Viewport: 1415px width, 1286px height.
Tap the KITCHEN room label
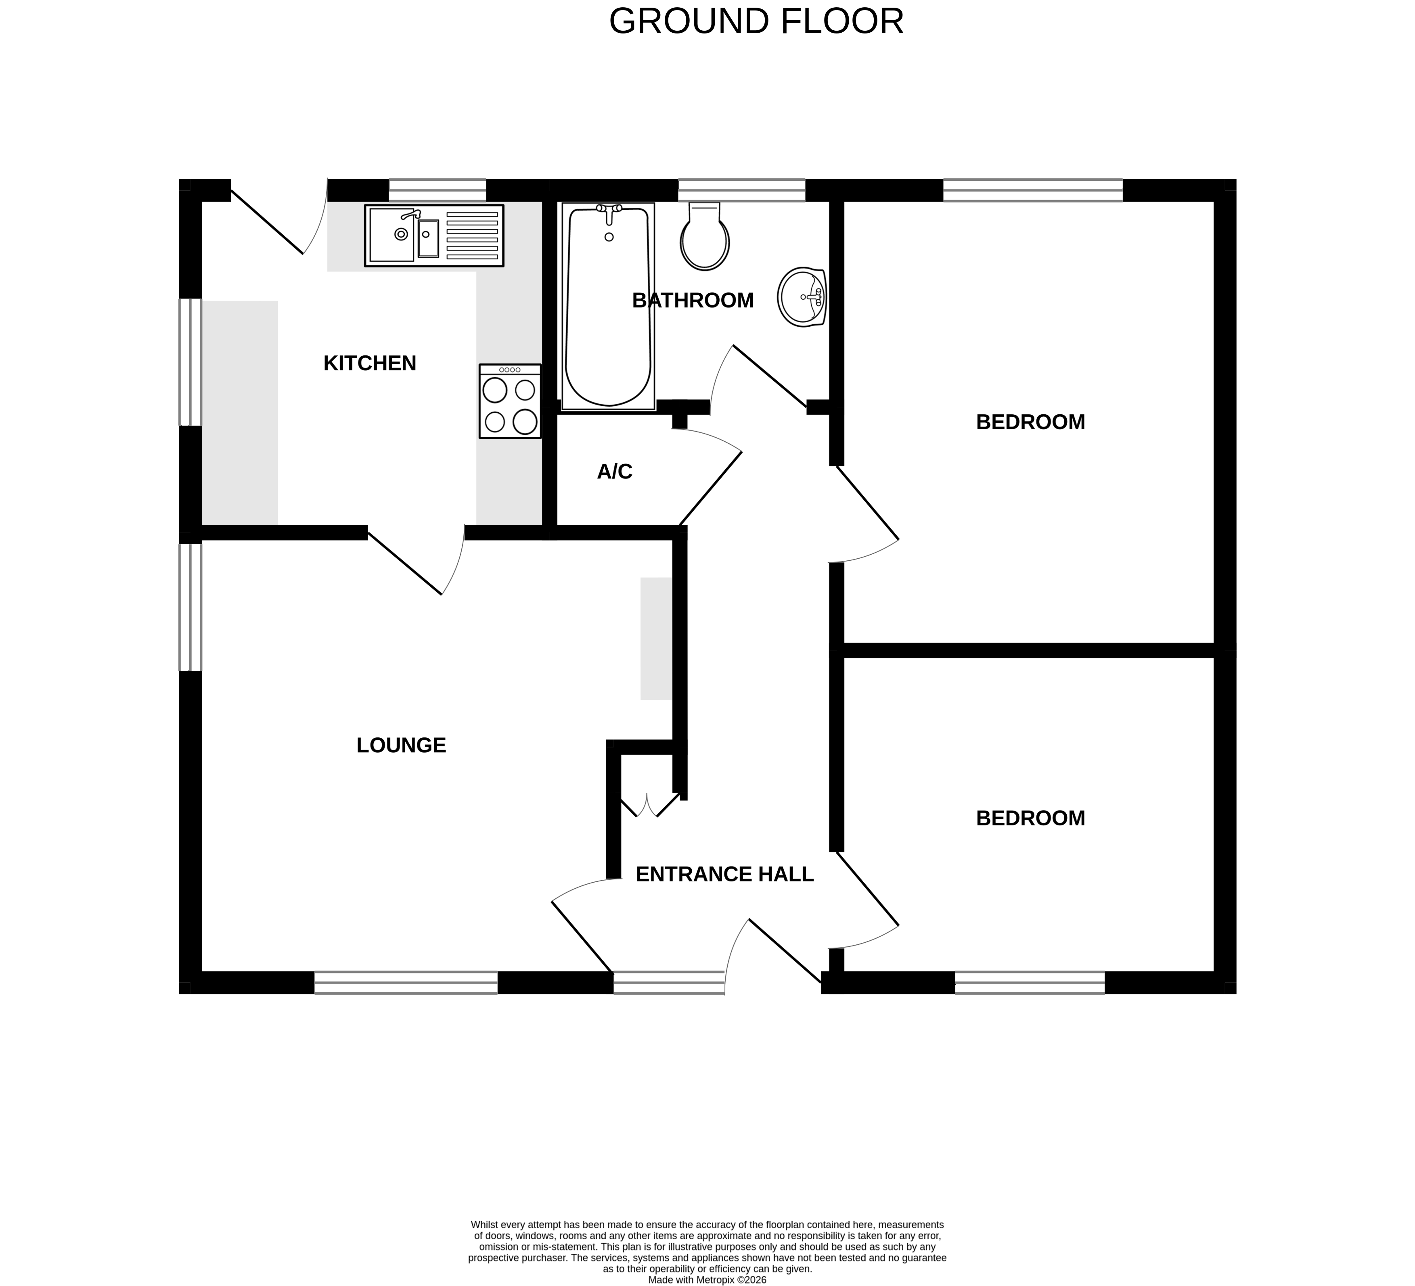[x=370, y=363]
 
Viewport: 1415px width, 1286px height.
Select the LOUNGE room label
[x=401, y=745]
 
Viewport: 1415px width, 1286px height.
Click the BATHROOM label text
[x=693, y=300]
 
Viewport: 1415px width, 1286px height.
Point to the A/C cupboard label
[x=614, y=472]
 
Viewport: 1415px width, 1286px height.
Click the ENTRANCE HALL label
[x=724, y=874]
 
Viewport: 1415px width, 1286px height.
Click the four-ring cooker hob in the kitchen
[x=510, y=401]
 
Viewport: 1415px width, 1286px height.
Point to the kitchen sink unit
[x=434, y=236]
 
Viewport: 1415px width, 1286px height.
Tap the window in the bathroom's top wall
[x=741, y=190]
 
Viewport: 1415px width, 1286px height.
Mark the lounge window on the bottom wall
[x=406, y=982]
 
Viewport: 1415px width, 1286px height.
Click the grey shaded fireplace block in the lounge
[x=655, y=639]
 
